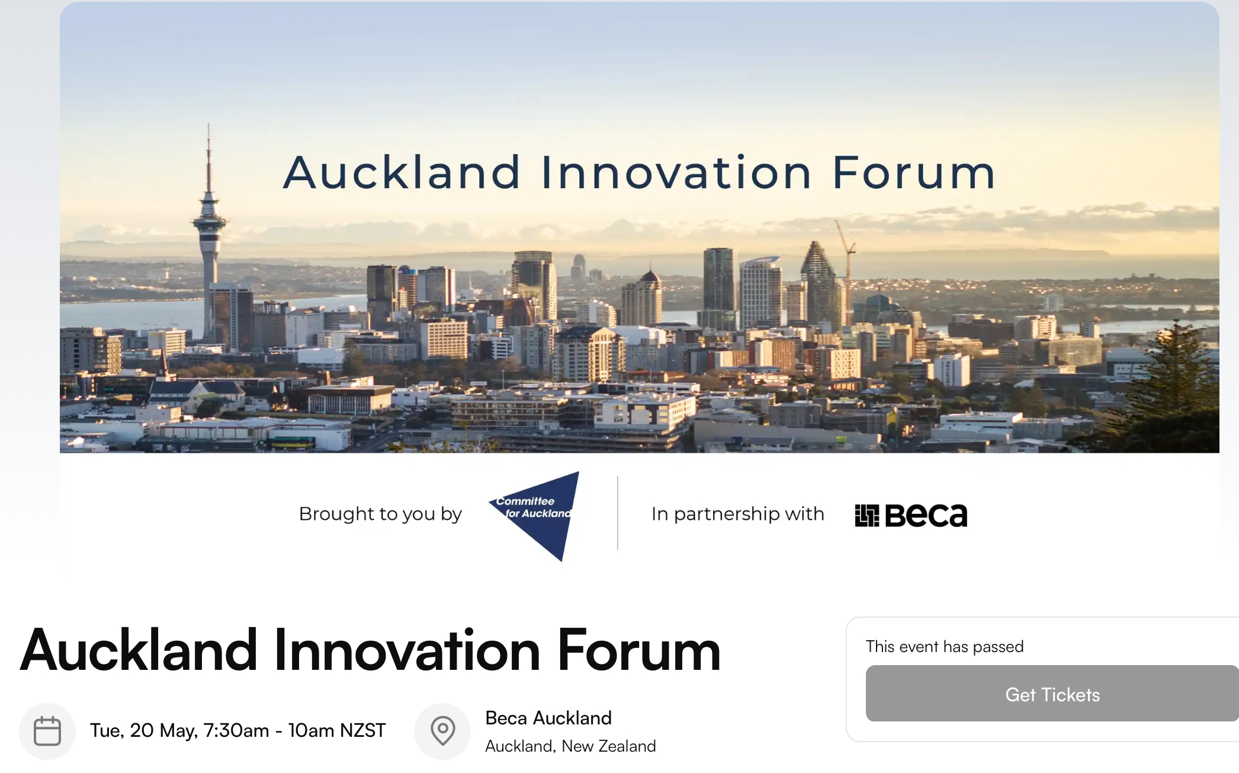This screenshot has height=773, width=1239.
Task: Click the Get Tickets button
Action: (1052, 694)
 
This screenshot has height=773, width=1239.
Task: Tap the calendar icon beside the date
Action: (47, 731)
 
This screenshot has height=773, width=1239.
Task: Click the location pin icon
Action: (442, 731)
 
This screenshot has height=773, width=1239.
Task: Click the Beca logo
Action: (911, 515)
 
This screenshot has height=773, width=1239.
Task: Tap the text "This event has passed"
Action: (945, 646)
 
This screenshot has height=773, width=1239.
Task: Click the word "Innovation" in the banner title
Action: (676, 173)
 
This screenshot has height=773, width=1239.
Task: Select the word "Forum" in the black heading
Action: (639, 651)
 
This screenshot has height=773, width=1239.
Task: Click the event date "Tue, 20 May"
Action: (144, 731)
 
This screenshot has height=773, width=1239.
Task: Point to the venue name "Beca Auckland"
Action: (548, 718)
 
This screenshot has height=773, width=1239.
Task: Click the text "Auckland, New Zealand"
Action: (570, 746)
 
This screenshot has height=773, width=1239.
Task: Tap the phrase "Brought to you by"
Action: (380, 514)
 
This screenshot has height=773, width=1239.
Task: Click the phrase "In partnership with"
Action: (738, 514)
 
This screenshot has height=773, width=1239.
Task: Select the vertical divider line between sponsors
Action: (618, 513)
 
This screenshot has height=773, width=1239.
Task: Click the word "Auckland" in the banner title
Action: (402, 173)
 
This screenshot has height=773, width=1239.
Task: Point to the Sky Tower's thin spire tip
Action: (208, 123)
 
